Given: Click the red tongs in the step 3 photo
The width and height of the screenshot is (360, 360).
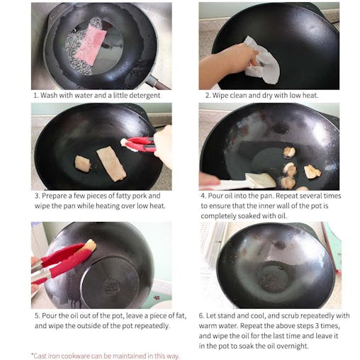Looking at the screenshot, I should coord(141,145).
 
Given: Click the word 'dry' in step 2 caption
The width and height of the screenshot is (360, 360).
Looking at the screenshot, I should coord(274,95).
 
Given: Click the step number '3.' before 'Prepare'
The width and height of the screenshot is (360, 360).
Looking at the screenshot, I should coord(35,196).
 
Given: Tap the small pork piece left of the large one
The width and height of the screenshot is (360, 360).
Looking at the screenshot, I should coord(83,164).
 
